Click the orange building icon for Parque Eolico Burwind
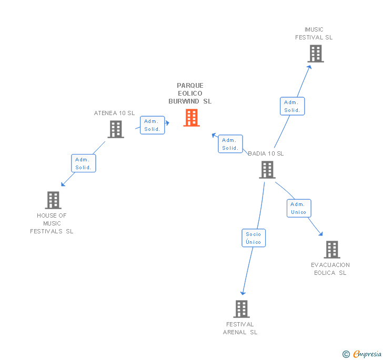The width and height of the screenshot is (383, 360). tap(191, 118)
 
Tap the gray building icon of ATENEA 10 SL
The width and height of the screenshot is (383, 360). tap(116, 129)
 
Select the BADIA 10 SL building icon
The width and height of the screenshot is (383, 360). tap(267, 170)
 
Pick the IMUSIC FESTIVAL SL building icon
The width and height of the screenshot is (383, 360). tap(315, 54)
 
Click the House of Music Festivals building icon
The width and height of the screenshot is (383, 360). tap(53, 200)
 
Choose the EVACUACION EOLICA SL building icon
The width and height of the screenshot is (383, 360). tap(331, 250)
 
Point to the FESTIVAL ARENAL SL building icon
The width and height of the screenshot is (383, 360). tap(241, 309)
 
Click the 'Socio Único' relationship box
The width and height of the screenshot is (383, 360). tap(253, 238)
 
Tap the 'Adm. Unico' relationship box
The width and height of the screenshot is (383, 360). tap(298, 208)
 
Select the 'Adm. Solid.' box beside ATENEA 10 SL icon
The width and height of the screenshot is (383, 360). tap(152, 125)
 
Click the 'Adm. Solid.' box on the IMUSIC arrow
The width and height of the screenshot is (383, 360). tap(292, 106)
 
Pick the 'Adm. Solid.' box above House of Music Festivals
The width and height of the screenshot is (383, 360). tap(83, 163)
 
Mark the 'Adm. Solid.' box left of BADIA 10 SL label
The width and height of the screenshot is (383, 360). tap(230, 144)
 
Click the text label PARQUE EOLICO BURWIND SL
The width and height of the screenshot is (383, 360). tap(190, 93)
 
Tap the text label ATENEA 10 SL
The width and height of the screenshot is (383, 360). tap(114, 113)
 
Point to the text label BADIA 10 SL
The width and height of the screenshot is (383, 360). tap(266, 153)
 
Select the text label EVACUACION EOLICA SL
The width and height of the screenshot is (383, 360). tap(330, 269)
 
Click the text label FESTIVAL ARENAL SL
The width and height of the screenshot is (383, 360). tap(240, 328)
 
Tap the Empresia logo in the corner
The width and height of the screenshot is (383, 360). tap(362, 354)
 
